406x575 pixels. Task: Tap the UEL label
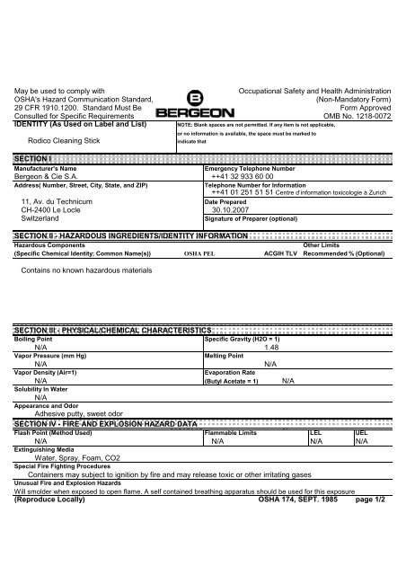[x=360, y=432]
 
